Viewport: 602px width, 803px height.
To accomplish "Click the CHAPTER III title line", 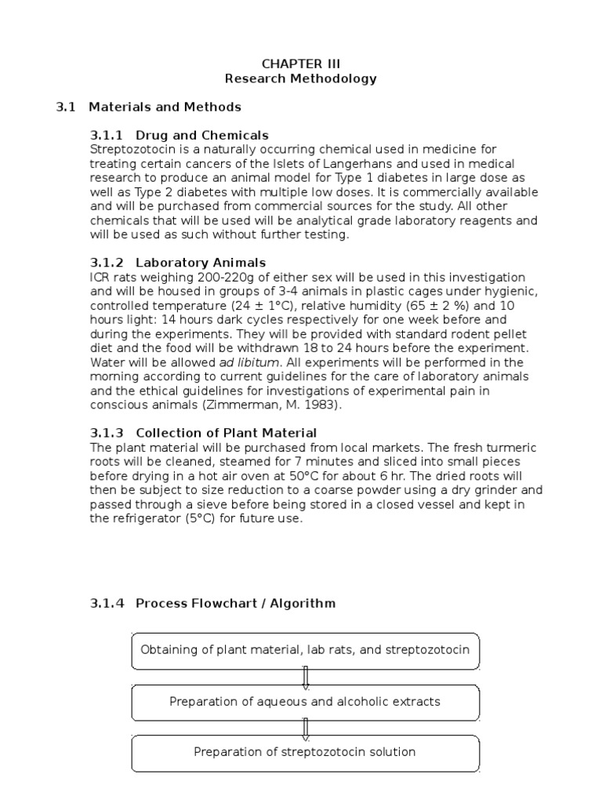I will click(301, 64).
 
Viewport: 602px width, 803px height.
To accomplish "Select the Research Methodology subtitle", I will click(301, 78).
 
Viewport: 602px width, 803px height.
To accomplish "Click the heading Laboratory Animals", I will click(201, 263).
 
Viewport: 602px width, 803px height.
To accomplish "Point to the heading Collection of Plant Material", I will click(226, 433).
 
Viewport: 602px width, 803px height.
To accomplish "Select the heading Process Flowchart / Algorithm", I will click(235, 603).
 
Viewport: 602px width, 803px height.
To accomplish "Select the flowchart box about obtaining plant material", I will click(305, 650).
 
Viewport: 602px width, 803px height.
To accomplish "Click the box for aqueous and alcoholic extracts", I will click(305, 702).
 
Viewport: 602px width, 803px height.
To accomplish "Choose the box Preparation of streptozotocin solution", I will click(305, 752).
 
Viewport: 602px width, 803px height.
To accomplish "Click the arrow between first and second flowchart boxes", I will click(305, 677).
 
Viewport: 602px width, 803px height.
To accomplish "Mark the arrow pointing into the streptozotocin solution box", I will click(305, 728).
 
